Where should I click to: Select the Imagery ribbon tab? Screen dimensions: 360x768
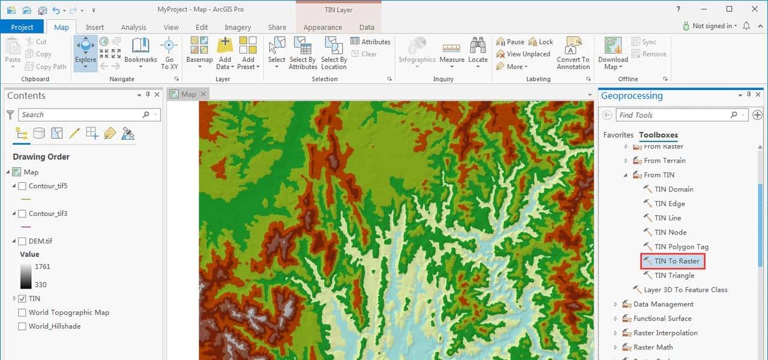pos(238,27)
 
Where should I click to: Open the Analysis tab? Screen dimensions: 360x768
pos(133,27)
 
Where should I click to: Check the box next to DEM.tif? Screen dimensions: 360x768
pos(22,241)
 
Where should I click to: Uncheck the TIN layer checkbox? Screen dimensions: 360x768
pos(22,298)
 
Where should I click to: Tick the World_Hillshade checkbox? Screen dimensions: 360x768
pos(22,326)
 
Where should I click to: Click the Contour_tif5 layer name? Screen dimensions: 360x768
pos(48,186)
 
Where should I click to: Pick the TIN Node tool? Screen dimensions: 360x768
pos(670,232)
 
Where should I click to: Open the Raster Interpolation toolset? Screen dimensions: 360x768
pos(665,333)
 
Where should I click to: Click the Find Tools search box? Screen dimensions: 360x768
pos(672,115)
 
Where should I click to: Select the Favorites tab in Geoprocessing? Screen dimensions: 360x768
pos(618,135)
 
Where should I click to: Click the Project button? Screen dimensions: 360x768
pos(22,27)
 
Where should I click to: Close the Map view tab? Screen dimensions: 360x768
pos(203,94)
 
